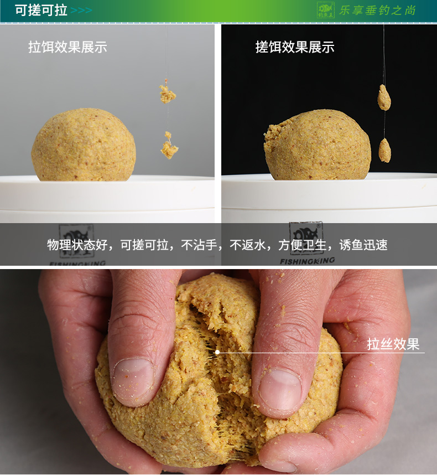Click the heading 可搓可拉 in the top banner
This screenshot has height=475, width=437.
click(x=41, y=11)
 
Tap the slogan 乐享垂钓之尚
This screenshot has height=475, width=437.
click(x=377, y=11)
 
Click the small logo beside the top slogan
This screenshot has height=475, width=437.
click(x=326, y=11)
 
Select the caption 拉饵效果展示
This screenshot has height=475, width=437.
click(x=67, y=47)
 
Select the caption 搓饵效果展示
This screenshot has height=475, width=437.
click(x=295, y=47)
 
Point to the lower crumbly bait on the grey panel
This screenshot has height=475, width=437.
click(x=169, y=146)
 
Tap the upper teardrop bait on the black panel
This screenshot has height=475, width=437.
click(x=384, y=97)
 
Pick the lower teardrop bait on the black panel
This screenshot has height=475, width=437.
click(x=384, y=150)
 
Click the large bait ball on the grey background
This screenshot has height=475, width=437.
click(x=84, y=145)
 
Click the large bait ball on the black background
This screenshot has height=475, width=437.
click(x=318, y=145)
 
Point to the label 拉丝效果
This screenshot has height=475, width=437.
click(x=393, y=344)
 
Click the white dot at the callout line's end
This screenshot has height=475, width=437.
click(x=217, y=352)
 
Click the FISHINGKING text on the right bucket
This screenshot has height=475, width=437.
click(x=307, y=261)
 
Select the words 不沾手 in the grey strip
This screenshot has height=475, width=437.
click(x=199, y=245)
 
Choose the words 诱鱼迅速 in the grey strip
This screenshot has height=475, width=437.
click(x=363, y=245)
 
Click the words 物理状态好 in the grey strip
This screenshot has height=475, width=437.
click(x=77, y=245)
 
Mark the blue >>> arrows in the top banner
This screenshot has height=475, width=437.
click(x=81, y=11)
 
